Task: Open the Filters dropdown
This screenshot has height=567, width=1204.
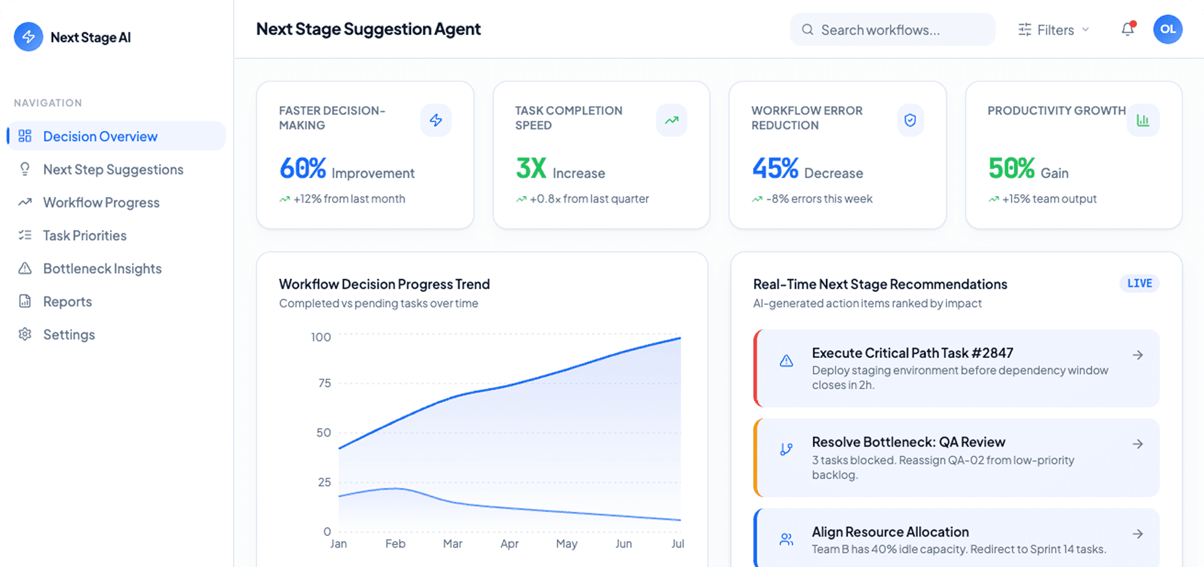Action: (1054, 30)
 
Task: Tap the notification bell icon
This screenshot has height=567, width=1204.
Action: (1128, 29)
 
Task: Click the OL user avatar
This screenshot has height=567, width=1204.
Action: (1168, 29)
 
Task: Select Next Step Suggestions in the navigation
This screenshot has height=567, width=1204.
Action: (113, 170)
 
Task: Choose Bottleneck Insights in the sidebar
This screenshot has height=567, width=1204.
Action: (102, 269)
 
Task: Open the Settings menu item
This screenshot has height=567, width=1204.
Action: (69, 335)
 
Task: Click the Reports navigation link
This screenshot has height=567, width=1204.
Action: (67, 302)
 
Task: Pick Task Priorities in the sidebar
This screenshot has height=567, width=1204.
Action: (85, 236)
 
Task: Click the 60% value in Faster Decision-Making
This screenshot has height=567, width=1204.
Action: (302, 169)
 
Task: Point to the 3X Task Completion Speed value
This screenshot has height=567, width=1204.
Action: (531, 169)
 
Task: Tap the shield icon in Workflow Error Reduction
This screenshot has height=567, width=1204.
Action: (910, 120)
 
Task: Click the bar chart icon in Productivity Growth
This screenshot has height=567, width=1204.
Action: (1143, 120)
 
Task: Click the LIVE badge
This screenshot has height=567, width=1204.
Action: (1139, 283)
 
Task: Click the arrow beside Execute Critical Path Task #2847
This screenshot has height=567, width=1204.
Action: (1137, 355)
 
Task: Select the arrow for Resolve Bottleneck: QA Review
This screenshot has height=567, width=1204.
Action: (1137, 444)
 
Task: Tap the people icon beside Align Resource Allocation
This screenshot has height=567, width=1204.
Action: (786, 539)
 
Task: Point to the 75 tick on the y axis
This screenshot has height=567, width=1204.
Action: (324, 383)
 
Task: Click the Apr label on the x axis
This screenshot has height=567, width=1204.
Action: (509, 544)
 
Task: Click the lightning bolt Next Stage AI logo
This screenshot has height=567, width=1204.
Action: (28, 37)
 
